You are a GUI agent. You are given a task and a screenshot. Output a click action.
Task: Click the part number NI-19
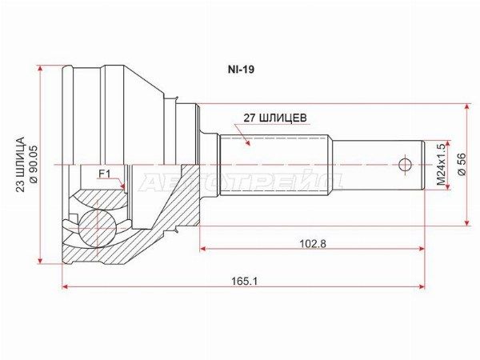(241, 70)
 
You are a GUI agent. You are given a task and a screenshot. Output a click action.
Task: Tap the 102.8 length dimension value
(313, 244)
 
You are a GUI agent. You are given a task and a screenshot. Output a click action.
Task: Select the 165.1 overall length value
(244, 281)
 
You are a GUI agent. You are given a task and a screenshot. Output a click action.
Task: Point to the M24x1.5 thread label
(441, 165)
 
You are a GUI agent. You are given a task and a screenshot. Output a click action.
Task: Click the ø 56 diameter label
(462, 164)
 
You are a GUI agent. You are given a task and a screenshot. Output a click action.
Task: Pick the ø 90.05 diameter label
(33, 164)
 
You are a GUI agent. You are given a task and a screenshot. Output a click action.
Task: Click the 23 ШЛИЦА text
(20, 164)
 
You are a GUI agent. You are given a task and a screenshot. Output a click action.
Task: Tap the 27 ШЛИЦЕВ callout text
(275, 118)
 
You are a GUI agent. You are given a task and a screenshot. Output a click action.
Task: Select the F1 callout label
(104, 174)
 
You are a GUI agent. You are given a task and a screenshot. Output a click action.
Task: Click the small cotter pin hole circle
(406, 166)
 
